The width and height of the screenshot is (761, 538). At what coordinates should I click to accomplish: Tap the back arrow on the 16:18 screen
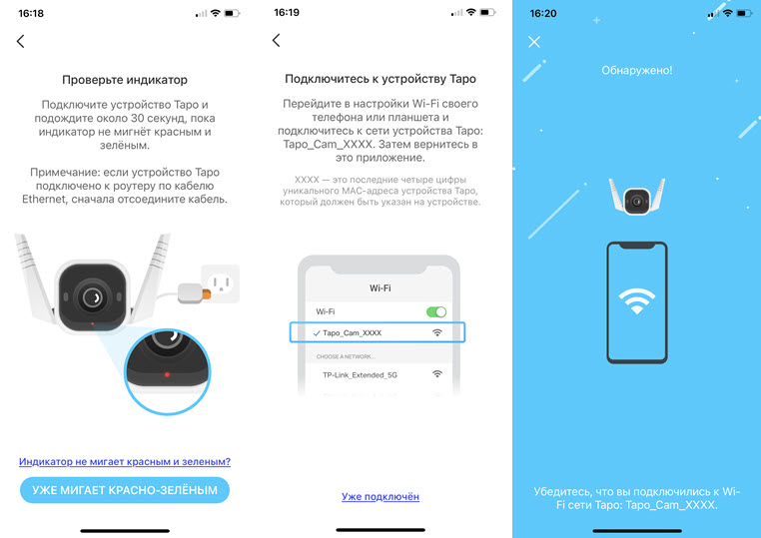tap(20, 41)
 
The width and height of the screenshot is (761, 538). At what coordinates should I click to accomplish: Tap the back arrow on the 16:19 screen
tap(277, 40)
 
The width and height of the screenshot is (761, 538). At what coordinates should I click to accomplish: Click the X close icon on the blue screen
tap(534, 42)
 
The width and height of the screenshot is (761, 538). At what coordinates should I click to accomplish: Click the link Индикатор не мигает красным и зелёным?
tap(125, 461)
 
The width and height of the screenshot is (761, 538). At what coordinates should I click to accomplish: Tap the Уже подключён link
tap(380, 496)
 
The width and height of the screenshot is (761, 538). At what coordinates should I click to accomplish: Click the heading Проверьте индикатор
tap(125, 80)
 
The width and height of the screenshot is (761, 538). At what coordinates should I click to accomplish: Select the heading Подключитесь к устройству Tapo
tap(380, 79)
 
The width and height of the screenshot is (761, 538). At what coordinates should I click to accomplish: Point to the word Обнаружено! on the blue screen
tap(637, 70)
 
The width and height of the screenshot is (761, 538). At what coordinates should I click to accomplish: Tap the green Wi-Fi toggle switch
tap(436, 311)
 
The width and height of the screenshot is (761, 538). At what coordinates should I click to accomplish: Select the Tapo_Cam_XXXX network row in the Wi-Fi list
tap(378, 332)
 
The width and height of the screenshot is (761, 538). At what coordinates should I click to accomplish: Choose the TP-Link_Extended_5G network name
tap(360, 375)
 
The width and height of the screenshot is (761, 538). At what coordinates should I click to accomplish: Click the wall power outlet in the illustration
tap(221, 283)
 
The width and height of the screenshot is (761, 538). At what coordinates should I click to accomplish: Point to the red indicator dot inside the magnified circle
tap(167, 374)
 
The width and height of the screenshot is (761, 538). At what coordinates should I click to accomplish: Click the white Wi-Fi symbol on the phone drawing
tap(636, 300)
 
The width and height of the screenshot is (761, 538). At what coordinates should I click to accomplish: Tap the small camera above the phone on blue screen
tap(637, 197)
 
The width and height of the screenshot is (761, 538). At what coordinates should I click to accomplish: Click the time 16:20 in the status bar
tap(543, 14)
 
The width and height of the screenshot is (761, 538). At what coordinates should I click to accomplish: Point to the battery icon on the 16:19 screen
tap(488, 13)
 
